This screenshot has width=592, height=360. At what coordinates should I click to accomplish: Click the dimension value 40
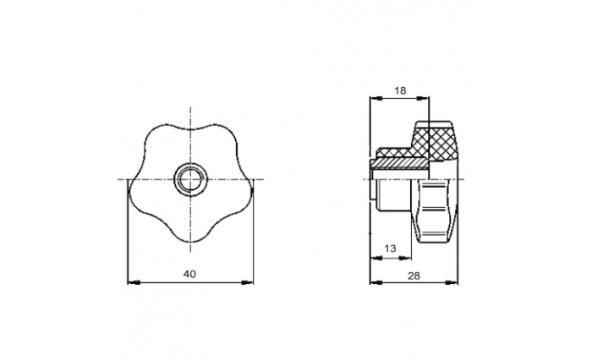click(189, 275)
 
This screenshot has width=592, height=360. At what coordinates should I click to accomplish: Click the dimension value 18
click(400, 90)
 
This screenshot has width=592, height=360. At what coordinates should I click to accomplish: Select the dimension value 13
click(391, 248)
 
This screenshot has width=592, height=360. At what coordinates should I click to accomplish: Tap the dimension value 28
click(414, 275)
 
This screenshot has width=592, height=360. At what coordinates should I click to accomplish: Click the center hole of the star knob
click(190, 179)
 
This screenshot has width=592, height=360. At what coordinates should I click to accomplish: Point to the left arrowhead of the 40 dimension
click(134, 282)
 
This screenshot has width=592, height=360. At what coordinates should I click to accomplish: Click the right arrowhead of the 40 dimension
click(247, 282)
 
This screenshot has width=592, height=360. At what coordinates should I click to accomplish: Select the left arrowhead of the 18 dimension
click(376, 99)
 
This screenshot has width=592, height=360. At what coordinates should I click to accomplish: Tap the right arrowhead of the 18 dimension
click(423, 99)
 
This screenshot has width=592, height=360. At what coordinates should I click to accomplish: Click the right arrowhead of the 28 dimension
click(452, 282)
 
